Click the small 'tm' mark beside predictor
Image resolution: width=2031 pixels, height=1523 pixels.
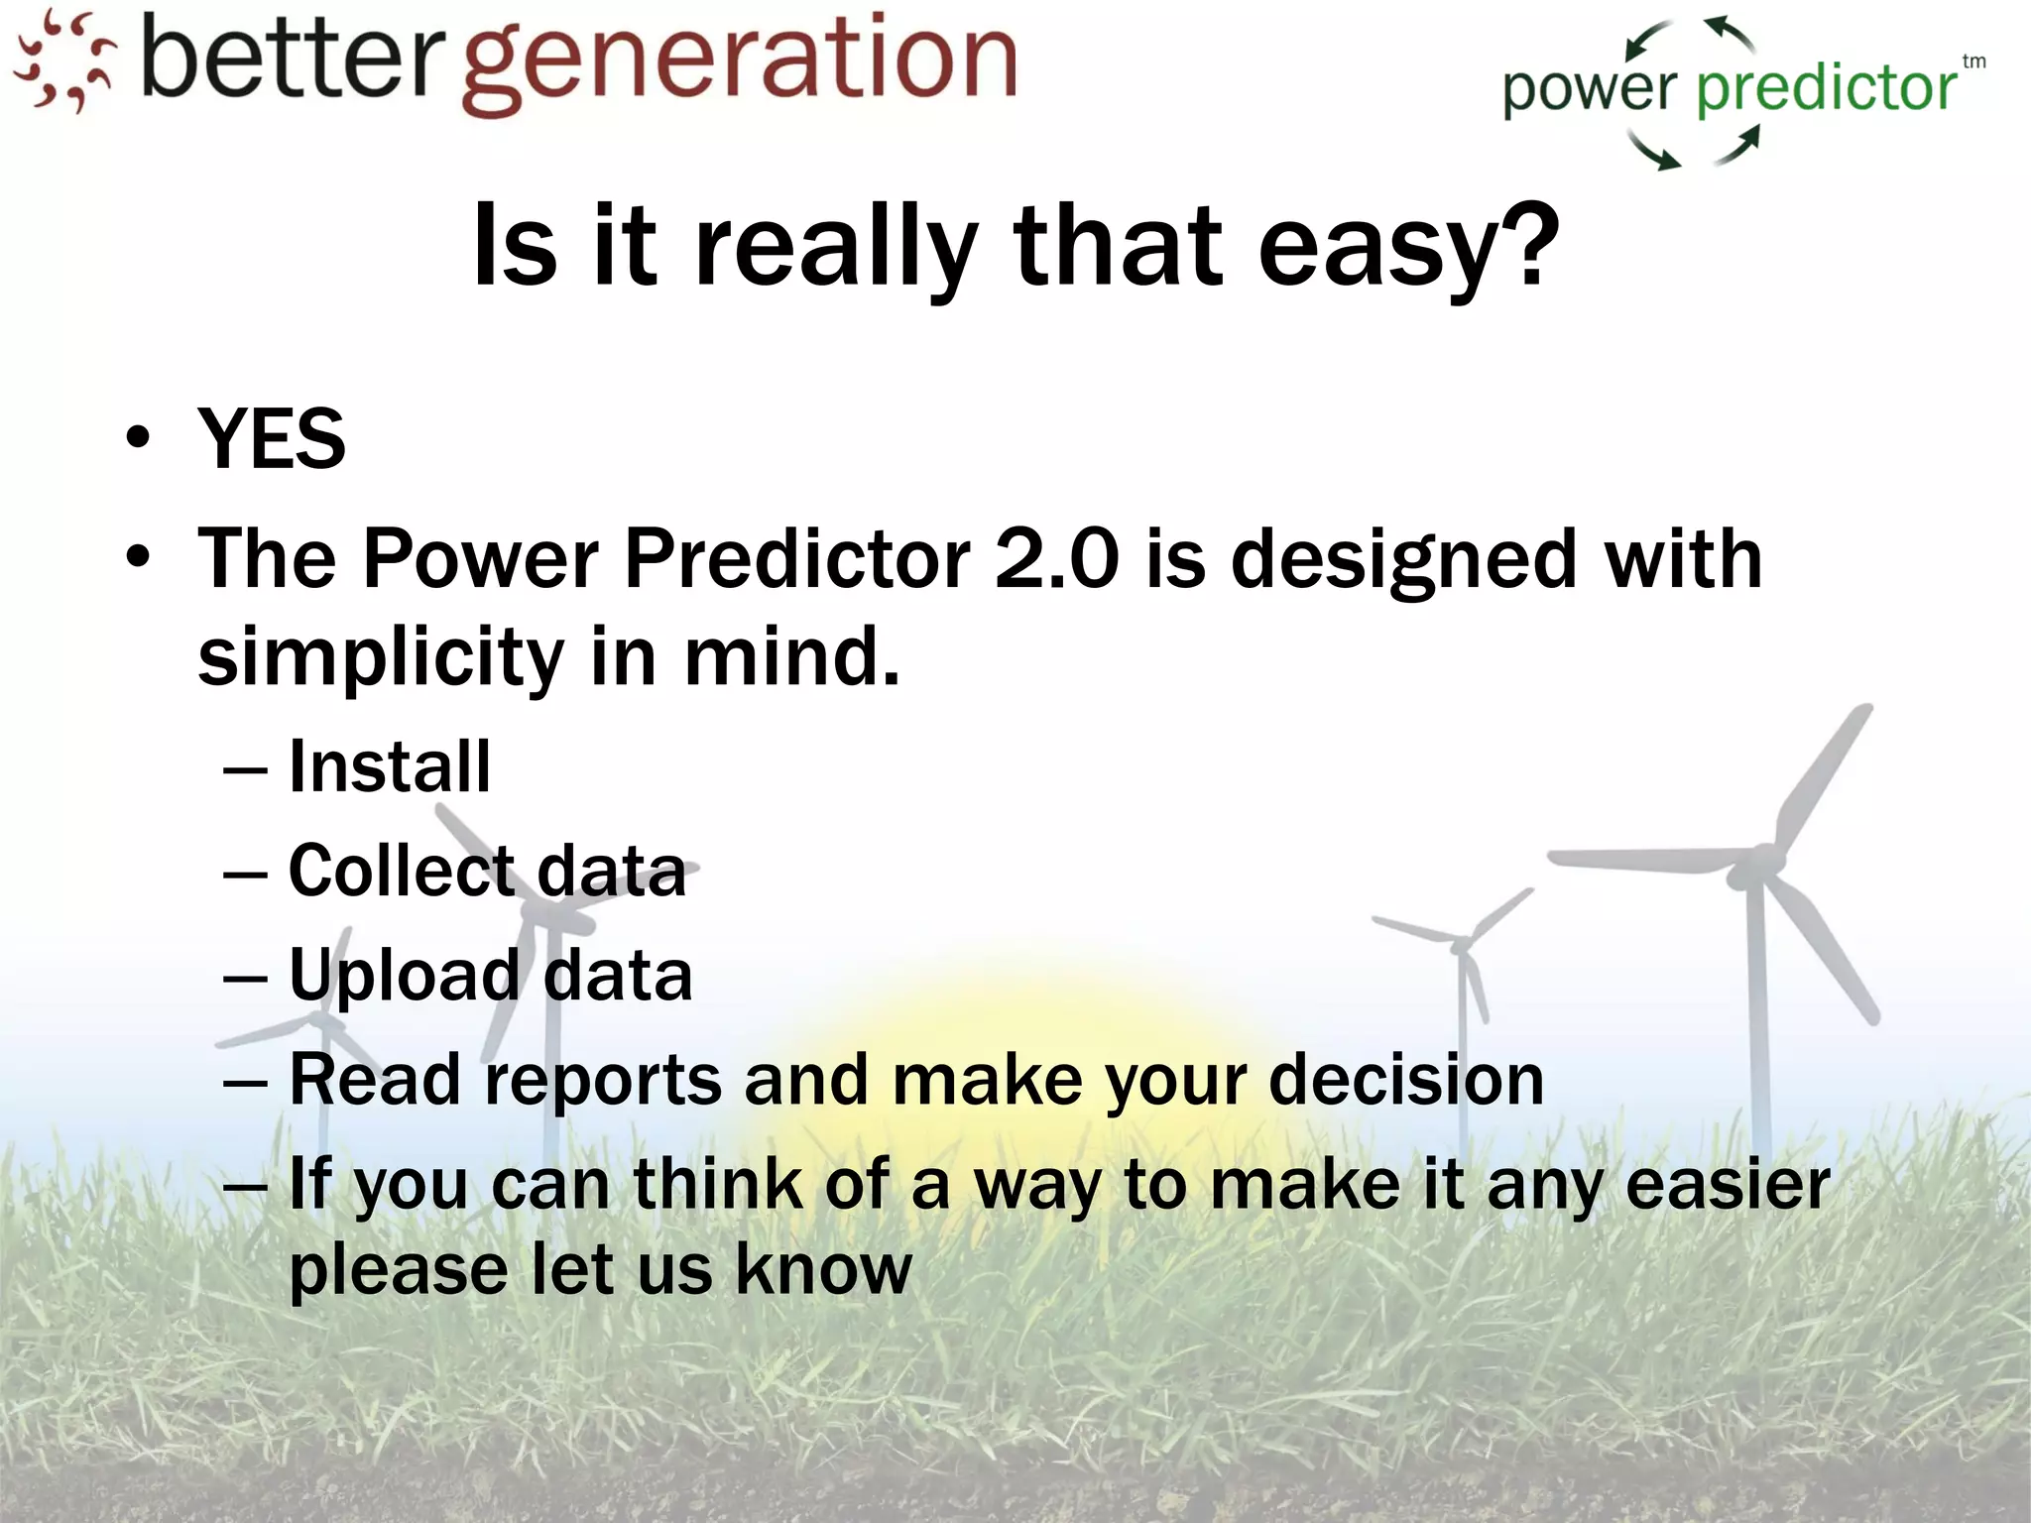[x=1973, y=61]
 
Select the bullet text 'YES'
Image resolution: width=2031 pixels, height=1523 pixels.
[x=272, y=439]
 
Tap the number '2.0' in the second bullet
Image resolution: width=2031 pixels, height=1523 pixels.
[x=1056, y=558]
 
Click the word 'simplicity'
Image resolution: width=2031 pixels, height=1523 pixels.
[x=381, y=657]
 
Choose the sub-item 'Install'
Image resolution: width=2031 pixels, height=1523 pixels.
[x=390, y=766]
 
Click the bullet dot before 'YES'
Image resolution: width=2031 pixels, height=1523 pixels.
[x=138, y=437]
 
